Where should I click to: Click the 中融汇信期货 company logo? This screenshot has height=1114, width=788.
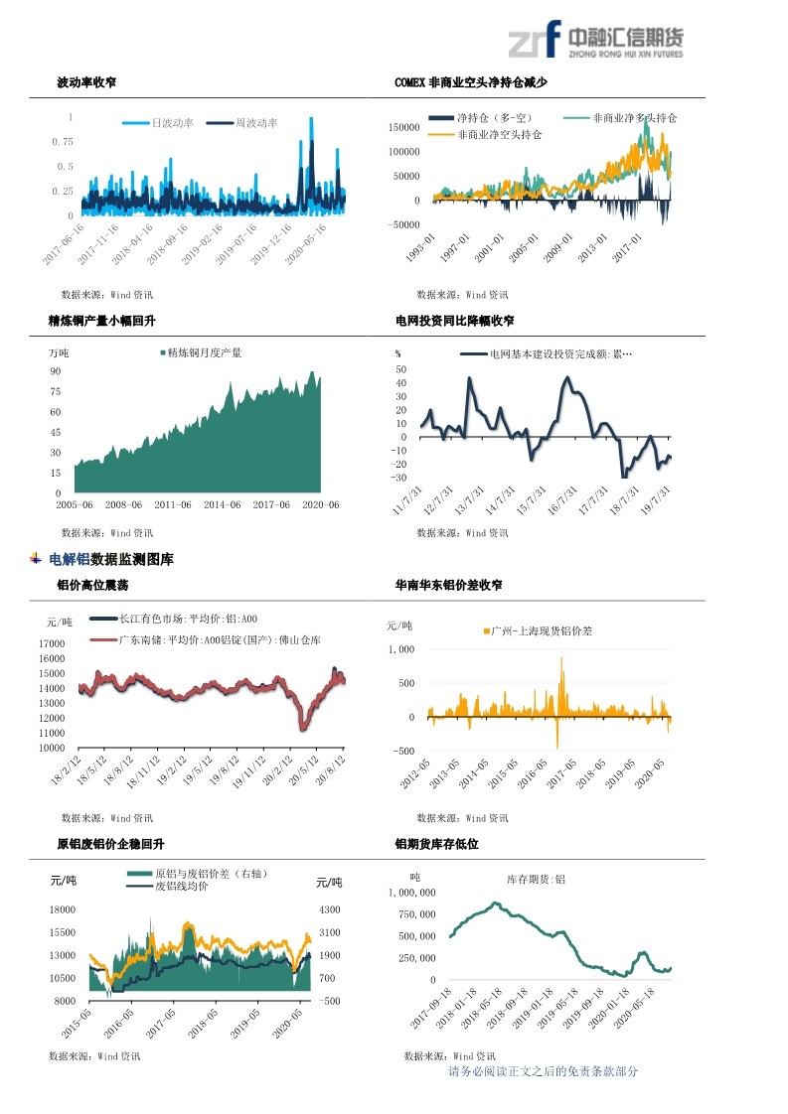[x=595, y=42]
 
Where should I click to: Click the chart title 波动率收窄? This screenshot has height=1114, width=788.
[x=86, y=82]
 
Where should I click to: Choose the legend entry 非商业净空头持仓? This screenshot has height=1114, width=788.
[x=499, y=134]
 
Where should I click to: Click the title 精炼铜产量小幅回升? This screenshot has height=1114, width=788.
[x=102, y=321]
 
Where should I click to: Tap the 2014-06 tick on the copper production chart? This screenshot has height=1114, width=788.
[x=222, y=504]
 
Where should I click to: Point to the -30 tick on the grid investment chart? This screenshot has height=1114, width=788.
[x=400, y=478]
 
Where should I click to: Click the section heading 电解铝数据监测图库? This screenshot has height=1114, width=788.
[x=111, y=560]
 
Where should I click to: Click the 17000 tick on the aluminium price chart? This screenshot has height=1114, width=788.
[x=51, y=644]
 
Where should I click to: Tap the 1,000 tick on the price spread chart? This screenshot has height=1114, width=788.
[x=400, y=649]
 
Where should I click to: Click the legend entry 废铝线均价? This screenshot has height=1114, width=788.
[x=181, y=886]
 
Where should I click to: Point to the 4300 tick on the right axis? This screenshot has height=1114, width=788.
[x=329, y=909]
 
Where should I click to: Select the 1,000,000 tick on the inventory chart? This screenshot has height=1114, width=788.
[x=409, y=893]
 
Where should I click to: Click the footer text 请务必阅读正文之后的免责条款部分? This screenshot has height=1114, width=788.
[x=544, y=1071]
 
